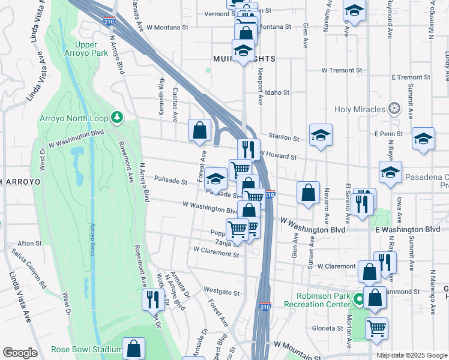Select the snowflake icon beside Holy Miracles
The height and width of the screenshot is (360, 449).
click(x=394, y=109)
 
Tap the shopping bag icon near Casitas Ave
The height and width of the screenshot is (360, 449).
click(x=199, y=130)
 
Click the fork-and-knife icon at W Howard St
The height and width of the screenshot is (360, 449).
click(x=247, y=149)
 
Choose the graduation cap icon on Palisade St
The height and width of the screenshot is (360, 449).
click(x=215, y=178)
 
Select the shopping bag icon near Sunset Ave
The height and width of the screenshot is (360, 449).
click(x=308, y=193)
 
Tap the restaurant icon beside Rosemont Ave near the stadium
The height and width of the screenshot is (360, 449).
click(x=152, y=299)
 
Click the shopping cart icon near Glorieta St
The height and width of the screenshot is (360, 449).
click(x=376, y=328)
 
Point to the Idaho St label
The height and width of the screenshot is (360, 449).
click(x=277, y=93)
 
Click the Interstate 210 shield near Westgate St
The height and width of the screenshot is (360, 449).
click(x=265, y=307)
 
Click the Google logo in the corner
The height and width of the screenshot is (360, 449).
click(x=20, y=353)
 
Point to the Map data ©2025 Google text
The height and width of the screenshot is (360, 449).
click(x=411, y=355)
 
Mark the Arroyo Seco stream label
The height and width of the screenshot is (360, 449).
click(x=93, y=239)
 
